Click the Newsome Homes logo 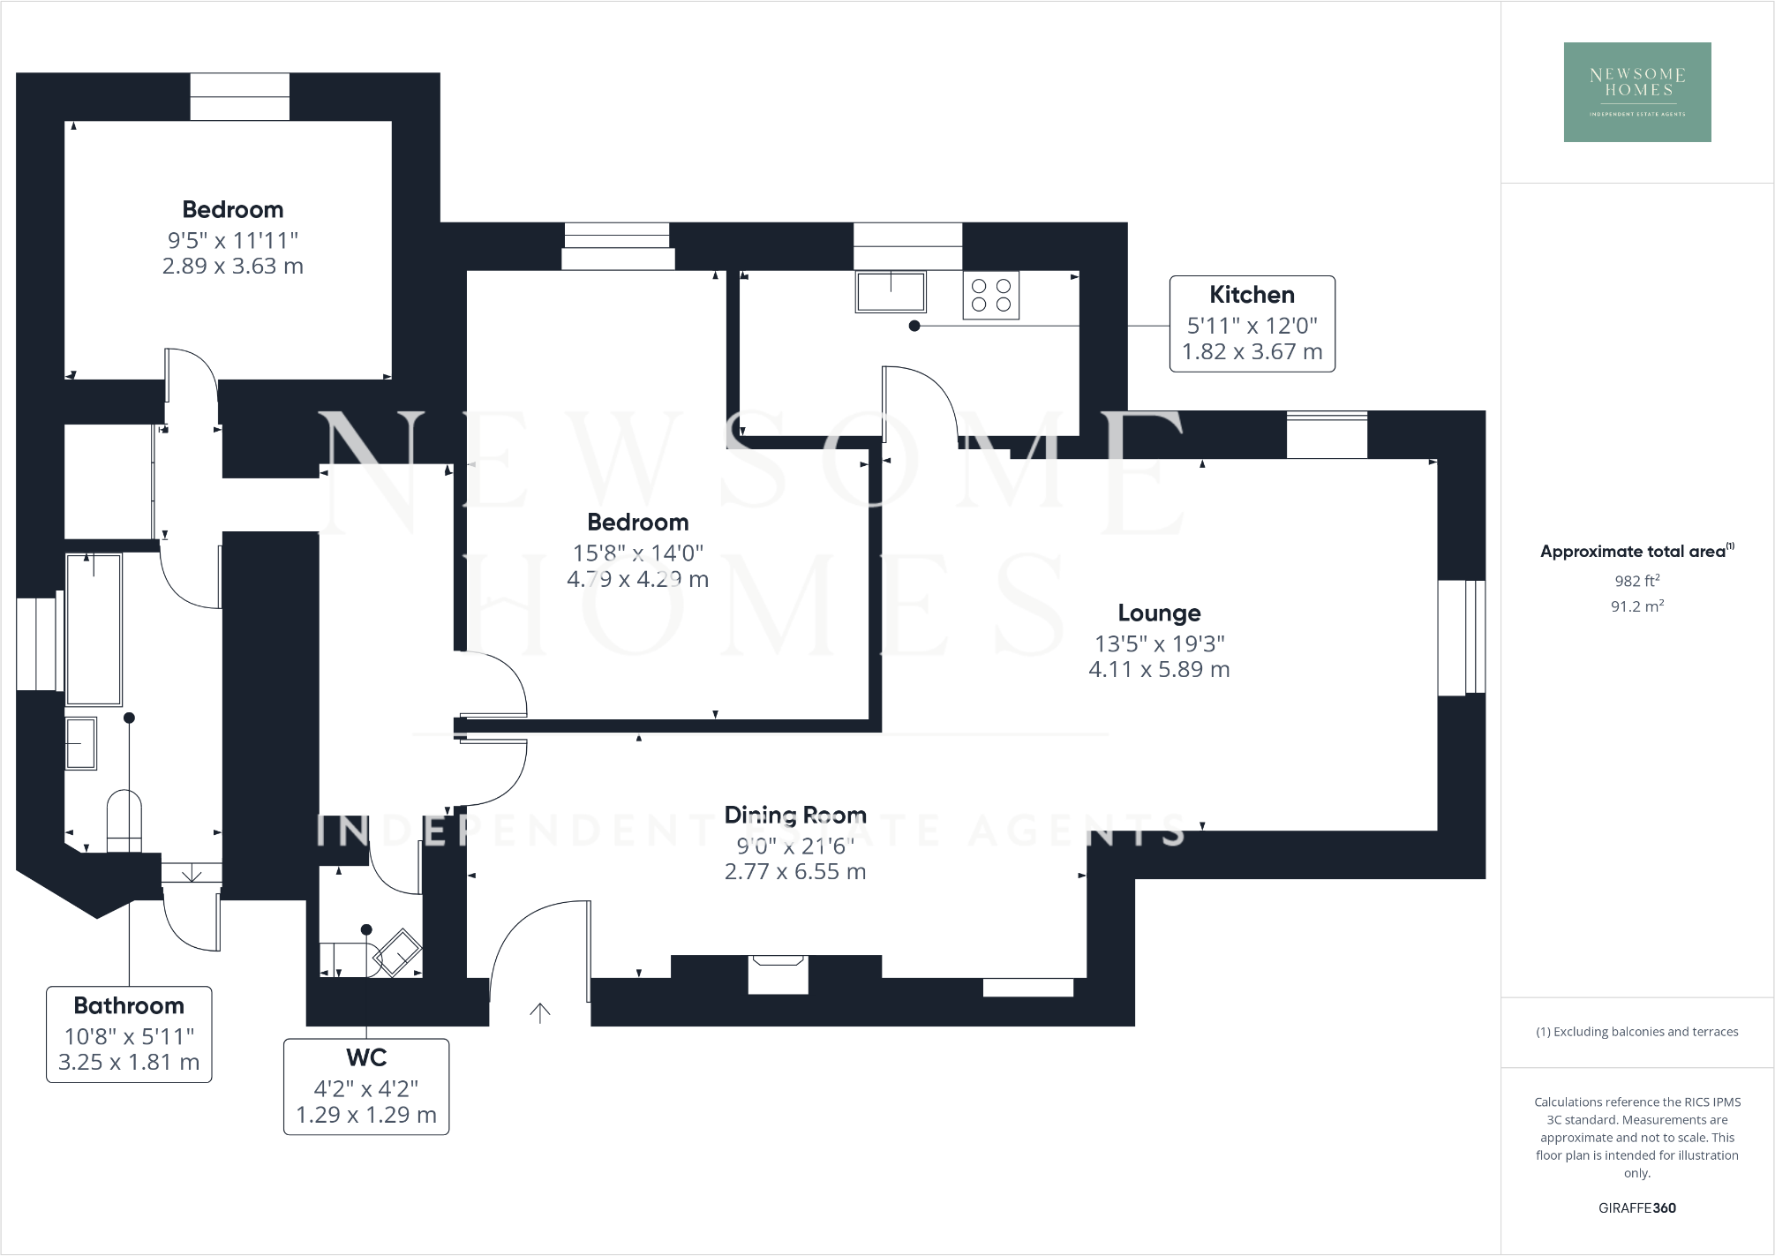coord(1636,92)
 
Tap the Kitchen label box coord(1252,323)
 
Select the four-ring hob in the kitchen coord(990,295)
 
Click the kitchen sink coord(890,291)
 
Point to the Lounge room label coord(1158,613)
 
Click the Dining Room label coord(794,815)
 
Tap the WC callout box coord(365,1086)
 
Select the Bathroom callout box coord(129,1034)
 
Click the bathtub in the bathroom coord(94,629)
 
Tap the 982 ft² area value coord(1636,581)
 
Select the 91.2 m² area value coord(1636,606)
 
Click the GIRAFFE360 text coord(1636,1207)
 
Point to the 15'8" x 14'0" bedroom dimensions coord(637,553)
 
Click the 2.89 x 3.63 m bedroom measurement coord(232,267)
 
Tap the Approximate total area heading coord(1636,552)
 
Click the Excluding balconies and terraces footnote coord(1636,1032)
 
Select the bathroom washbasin coord(81,743)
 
